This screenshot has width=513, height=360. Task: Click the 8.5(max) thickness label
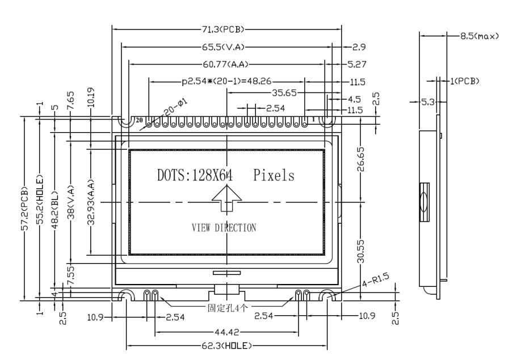click(x=480, y=36)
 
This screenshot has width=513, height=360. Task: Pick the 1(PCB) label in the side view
click(x=465, y=81)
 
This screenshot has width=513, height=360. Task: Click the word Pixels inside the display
click(x=275, y=176)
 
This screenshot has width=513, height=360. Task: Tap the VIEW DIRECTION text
click(x=224, y=228)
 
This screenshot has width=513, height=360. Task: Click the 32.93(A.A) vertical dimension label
click(x=90, y=202)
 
